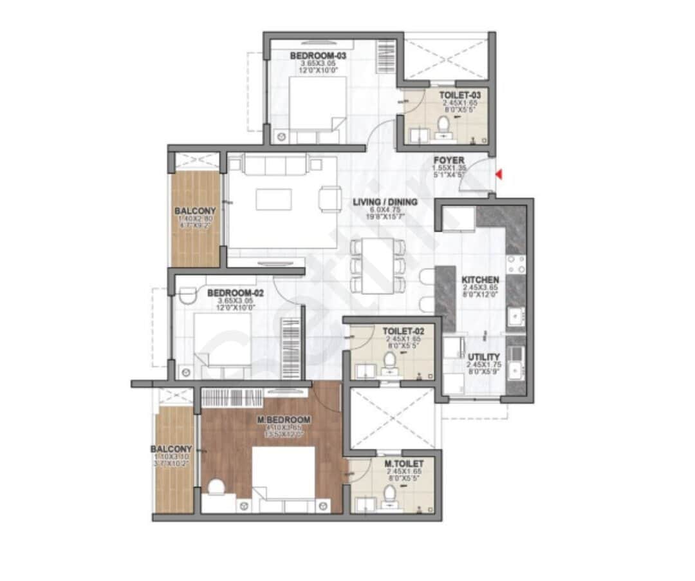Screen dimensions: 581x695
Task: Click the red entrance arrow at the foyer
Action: [x=499, y=174]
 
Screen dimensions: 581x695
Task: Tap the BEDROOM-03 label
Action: [x=318, y=56]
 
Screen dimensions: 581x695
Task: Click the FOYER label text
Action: [x=449, y=160]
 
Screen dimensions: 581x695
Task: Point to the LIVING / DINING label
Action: [x=385, y=202]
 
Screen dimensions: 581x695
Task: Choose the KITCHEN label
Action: [x=480, y=280]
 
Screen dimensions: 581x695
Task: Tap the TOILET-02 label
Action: [x=403, y=331]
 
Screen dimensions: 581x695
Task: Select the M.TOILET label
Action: [x=404, y=463]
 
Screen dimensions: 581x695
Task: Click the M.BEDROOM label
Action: [x=284, y=420]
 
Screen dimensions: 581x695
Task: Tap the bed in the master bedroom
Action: [x=283, y=473]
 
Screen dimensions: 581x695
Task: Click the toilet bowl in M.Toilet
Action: [x=389, y=495]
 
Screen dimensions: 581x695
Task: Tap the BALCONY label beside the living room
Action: [x=195, y=211]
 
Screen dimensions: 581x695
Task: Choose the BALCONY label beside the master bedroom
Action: [x=171, y=449]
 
